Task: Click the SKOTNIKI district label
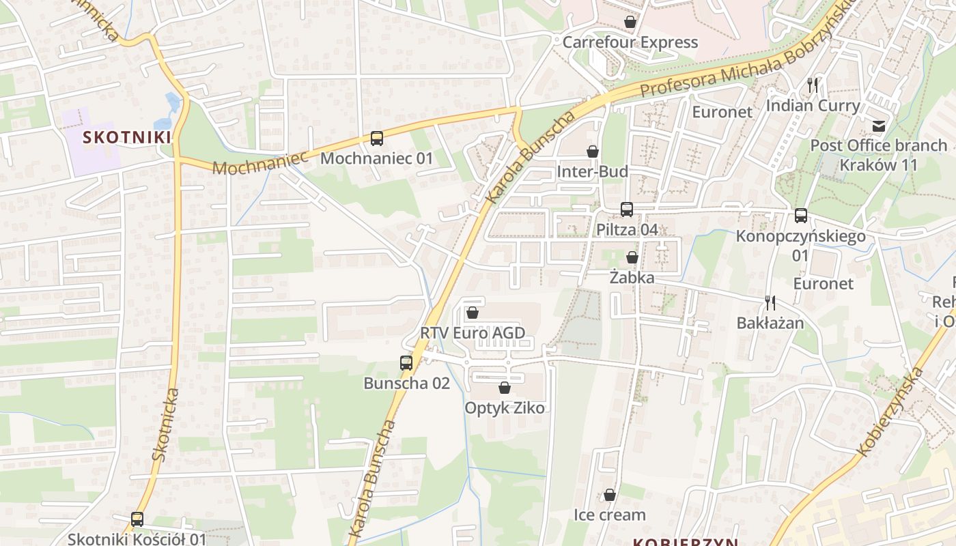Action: click(x=126, y=137)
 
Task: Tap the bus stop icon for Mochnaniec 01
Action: click(x=377, y=139)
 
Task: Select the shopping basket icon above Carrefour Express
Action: click(x=630, y=23)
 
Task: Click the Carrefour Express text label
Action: click(x=630, y=42)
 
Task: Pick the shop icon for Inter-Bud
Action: click(x=592, y=152)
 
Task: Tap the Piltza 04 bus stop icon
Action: click(x=627, y=210)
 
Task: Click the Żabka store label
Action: click(x=632, y=278)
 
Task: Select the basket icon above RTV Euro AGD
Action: click(x=472, y=313)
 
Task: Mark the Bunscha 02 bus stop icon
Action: click(x=406, y=363)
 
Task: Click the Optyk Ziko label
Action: click(x=505, y=408)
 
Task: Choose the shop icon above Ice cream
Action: click(x=609, y=495)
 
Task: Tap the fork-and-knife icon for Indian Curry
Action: click(x=812, y=85)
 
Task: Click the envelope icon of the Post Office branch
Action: click(x=878, y=126)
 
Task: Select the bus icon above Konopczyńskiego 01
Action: click(x=800, y=216)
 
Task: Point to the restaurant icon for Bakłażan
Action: click(x=770, y=303)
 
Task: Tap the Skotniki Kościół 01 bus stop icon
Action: click(x=137, y=519)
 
